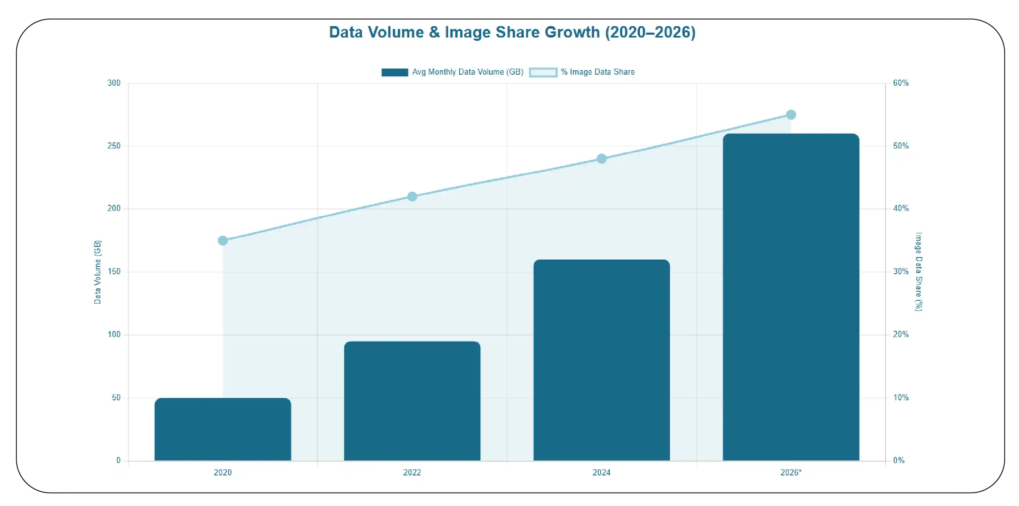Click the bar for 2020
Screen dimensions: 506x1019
[223, 429]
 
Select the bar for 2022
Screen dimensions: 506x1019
[412, 401]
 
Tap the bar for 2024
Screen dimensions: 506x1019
[602, 360]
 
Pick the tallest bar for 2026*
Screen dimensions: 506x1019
[791, 297]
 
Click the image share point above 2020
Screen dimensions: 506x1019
[223, 240]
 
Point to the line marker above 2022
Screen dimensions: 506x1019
[412, 197]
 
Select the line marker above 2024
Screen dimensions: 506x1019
[602, 159]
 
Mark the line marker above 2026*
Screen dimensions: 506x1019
[791, 115]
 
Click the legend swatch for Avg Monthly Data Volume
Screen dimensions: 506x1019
[395, 72]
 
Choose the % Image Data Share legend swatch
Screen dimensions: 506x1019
[543, 72]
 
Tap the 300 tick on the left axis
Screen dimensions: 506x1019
[114, 83]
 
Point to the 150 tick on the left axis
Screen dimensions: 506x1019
[114, 271]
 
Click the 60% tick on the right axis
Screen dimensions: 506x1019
[901, 83]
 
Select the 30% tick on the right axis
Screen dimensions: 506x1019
[901, 271]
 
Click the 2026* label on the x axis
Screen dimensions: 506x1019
[791, 473]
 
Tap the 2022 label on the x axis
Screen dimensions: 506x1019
[412, 473]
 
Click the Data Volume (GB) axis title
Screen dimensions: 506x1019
[98, 272]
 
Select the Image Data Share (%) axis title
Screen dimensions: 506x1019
[919, 272]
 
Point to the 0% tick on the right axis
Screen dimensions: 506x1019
[899, 460]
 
